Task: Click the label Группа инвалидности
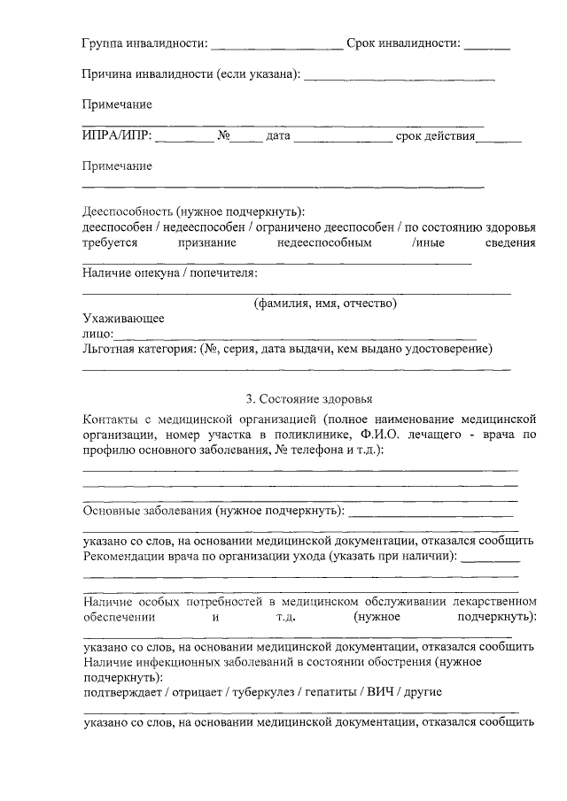tap(144, 42)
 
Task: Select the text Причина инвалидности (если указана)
tap(190, 73)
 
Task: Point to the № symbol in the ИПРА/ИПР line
tap(224, 136)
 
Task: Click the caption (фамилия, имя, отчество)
tap(325, 303)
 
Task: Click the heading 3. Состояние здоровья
tap(309, 397)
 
